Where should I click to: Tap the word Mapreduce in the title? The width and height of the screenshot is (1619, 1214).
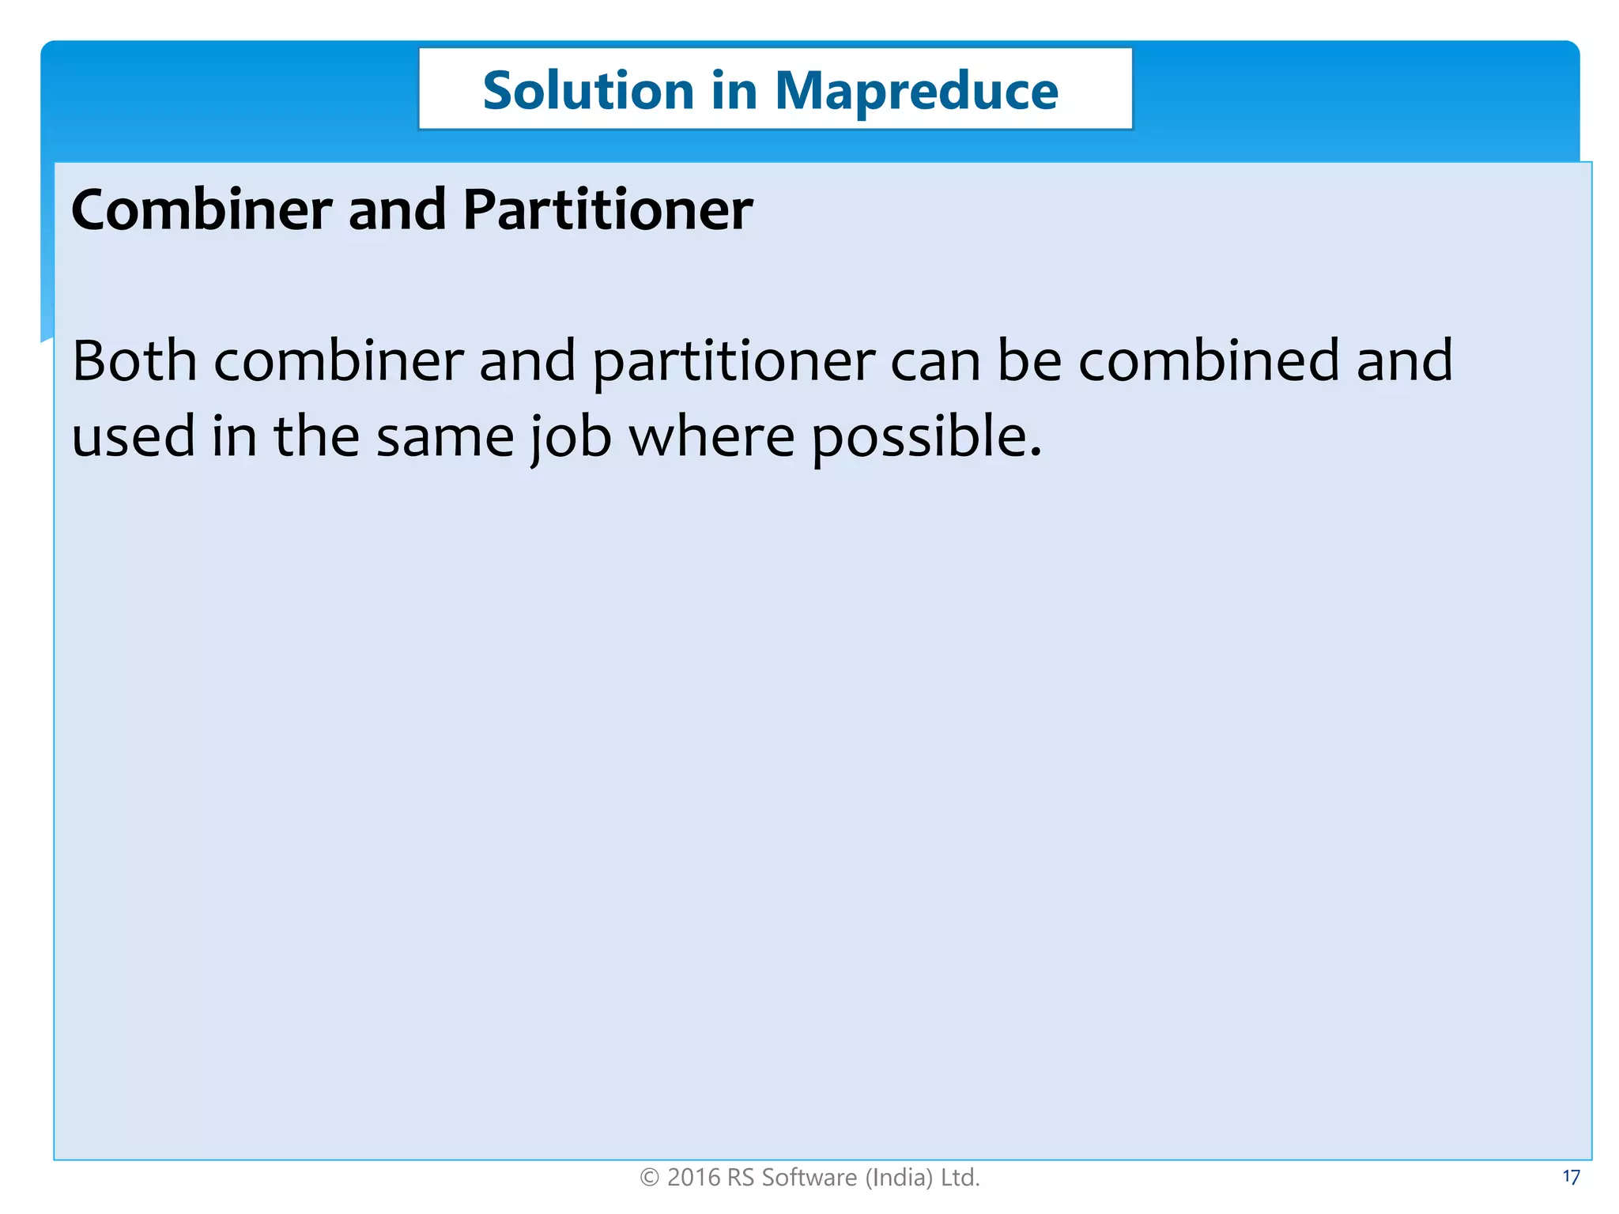pyautogui.click(x=916, y=92)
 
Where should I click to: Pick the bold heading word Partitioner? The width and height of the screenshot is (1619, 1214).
pyautogui.click(x=607, y=210)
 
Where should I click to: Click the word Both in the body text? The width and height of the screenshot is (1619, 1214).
pyautogui.click(x=134, y=360)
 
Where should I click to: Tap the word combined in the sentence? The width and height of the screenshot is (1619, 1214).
pyautogui.click(x=1209, y=360)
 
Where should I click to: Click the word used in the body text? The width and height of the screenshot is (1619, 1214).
pyautogui.click(x=133, y=436)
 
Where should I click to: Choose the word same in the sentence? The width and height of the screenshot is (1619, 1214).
pyautogui.click(x=444, y=436)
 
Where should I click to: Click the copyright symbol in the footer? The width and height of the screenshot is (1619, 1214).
pyautogui.click(x=649, y=1178)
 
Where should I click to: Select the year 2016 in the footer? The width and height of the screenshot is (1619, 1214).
pyautogui.click(x=693, y=1178)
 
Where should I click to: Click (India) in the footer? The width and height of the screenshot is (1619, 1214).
pyautogui.click(x=900, y=1178)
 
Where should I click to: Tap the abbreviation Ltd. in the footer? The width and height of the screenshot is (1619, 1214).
pyautogui.click(x=960, y=1178)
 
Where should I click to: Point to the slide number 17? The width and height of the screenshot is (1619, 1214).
pyautogui.click(x=1571, y=1178)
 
